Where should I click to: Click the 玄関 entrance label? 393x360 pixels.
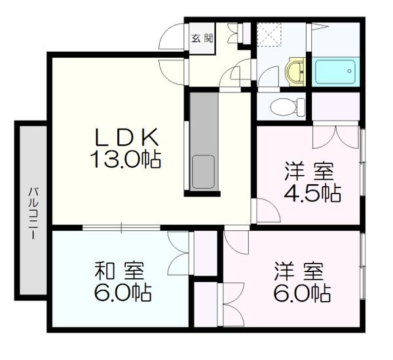[x=202, y=38]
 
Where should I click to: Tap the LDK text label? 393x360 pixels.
[x=127, y=138]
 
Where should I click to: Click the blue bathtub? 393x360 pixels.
[x=335, y=71]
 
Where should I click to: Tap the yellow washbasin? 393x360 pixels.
[x=297, y=71]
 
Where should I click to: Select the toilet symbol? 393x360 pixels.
[x=288, y=105]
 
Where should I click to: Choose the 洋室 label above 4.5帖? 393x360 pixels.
[x=309, y=172]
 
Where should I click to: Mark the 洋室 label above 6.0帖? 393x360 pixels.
[x=299, y=270]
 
